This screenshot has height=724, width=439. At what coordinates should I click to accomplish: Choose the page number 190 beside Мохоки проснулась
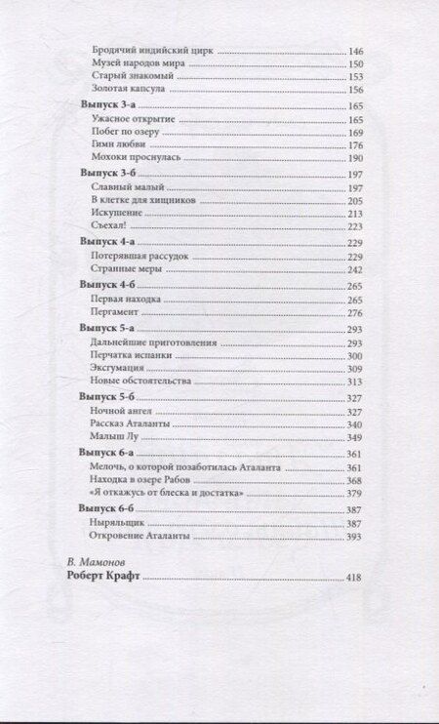(355, 158)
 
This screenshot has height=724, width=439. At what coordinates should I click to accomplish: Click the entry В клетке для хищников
(142, 199)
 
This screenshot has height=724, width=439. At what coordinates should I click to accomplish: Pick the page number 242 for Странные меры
(355, 268)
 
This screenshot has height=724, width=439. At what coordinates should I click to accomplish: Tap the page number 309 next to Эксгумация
(355, 369)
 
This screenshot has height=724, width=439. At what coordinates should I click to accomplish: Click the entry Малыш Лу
(110, 438)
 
